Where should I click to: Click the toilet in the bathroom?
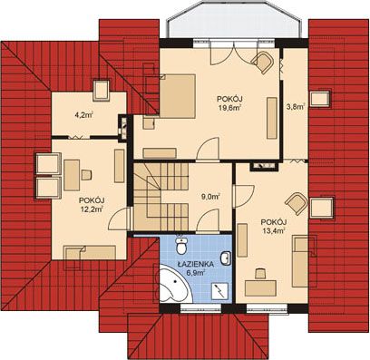tap(181, 245)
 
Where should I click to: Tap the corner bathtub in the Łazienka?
tap(174, 284)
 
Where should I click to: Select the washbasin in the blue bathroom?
tap(225, 258)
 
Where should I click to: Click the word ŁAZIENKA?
tap(196, 264)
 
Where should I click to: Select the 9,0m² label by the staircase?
tap(210, 197)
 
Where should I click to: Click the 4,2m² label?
tap(83, 115)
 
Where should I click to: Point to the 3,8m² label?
tap(295, 106)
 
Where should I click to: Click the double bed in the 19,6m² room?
tap(178, 96)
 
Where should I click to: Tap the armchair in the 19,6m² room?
tap(262, 63)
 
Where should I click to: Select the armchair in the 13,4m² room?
tap(297, 203)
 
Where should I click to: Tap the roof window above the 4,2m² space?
tap(102, 91)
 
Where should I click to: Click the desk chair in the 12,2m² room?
tap(86, 175)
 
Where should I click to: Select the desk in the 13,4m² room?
tap(260, 288)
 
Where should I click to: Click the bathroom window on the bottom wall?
tap(201, 308)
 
